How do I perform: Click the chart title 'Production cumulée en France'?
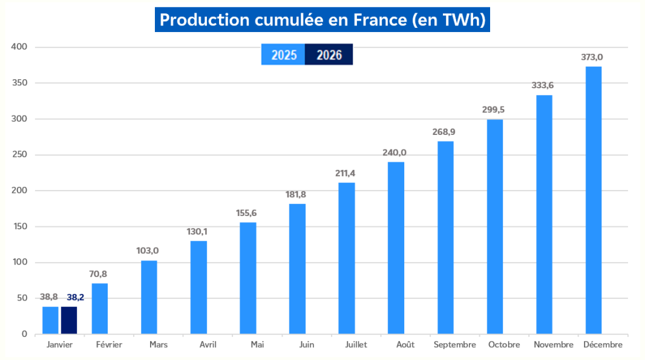tap(322, 20)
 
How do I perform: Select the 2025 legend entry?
tap(283, 55)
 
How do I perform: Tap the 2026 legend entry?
tap(329, 55)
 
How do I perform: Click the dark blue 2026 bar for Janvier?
tap(69, 321)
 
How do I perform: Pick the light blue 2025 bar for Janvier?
tap(50, 321)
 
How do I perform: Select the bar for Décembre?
tap(593, 200)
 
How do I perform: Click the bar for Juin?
tap(297, 269)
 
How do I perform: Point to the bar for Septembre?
tap(445, 237)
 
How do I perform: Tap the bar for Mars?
tap(149, 297)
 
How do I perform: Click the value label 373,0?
tap(593, 57)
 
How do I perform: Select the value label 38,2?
tap(69, 298)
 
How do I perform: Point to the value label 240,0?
tap(395, 152)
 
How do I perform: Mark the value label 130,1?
tap(198, 232)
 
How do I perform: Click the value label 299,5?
tap(494, 110)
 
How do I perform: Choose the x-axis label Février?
tap(109, 345)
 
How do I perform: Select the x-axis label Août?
tap(405, 345)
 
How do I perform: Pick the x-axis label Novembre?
tap(554, 345)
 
